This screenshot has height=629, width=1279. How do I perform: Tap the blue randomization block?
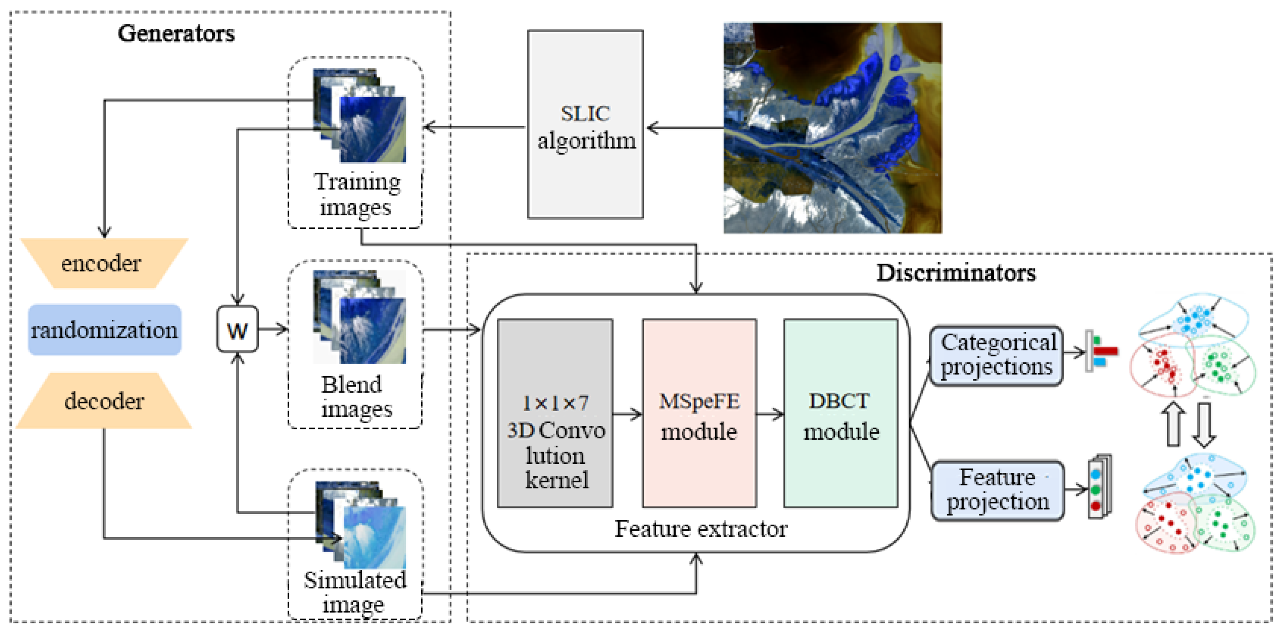(x=104, y=330)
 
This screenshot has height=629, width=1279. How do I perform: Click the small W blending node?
(x=238, y=330)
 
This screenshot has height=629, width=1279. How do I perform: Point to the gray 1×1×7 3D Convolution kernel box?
(x=555, y=413)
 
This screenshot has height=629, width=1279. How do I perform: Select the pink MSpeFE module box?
(x=699, y=413)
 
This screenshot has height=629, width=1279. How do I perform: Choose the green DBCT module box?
(x=840, y=413)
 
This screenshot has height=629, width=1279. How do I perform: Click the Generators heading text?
(x=176, y=33)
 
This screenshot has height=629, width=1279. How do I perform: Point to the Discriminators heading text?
(x=956, y=273)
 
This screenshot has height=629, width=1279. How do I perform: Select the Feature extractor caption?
(x=700, y=529)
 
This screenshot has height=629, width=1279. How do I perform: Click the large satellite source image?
(x=832, y=127)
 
